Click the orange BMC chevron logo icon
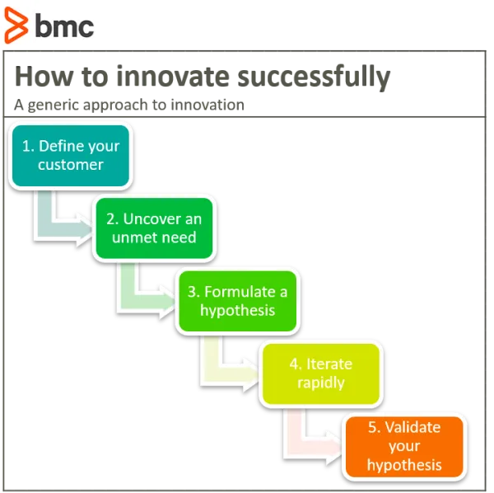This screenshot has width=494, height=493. click(x=16, y=26)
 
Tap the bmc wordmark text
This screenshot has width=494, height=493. click(x=64, y=26)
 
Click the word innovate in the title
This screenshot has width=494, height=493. click(x=173, y=76)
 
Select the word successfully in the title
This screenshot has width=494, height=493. click(x=314, y=77)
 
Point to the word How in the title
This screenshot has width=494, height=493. click(x=44, y=76)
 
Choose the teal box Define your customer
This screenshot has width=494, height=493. click(x=71, y=156)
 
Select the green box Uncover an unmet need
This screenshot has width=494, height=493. click(x=155, y=228)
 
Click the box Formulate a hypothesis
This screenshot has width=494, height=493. click(x=238, y=301)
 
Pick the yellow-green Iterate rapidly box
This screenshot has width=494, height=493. click(x=321, y=373)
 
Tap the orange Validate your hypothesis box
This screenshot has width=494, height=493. click(x=404, y=447)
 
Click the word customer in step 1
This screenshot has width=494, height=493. click(x=71, y=165)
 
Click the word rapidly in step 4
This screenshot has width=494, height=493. click(x=321, y=383)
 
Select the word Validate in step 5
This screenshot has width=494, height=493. click(x=412, y=427)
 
